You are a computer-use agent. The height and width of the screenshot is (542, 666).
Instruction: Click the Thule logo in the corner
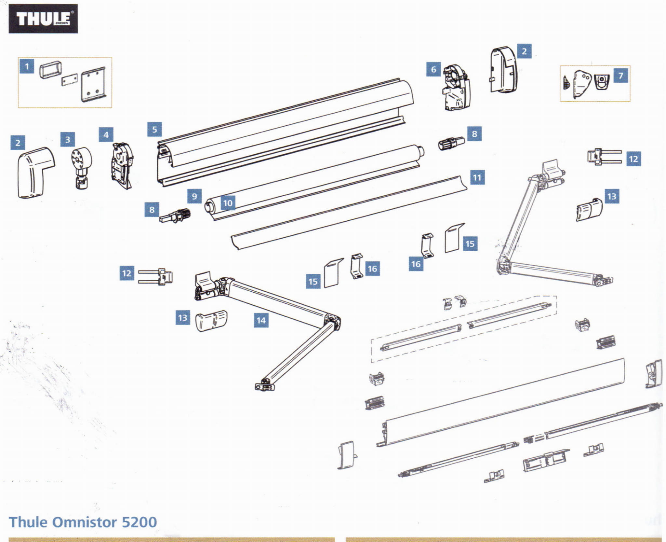pos(43,19)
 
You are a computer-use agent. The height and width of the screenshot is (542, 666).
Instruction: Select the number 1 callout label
pos(27,66)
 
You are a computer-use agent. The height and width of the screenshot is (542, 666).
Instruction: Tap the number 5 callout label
pos(154,129)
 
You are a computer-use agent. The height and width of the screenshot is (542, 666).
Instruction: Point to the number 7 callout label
pos(620,76)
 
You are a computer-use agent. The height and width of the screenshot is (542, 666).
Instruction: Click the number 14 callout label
pos(261,320)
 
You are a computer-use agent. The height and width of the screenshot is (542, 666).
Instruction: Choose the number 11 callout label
pos(477,177)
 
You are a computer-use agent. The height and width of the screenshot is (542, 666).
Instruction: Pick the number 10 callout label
pos(228,203)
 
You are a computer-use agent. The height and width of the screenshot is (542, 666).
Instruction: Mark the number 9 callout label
pos(194,196)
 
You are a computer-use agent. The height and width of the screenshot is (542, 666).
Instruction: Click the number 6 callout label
pos(433,69)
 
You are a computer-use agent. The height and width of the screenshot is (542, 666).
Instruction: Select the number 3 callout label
pos(68,139)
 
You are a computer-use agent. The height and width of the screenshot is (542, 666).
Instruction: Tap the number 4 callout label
pos(106,134)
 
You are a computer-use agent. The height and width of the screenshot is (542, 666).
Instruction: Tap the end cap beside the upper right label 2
pos(503,70)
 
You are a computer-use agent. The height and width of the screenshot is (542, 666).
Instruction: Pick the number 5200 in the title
pos(139,522)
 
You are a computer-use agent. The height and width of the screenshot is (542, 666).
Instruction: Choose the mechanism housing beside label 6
pos(456,88)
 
